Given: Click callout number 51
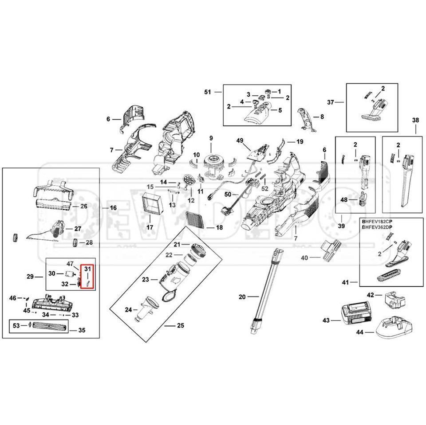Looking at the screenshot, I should point(207,92).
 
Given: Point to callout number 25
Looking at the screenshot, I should point(180,326).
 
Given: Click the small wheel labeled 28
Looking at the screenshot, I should point(75,243).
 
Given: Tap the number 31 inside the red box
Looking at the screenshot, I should point(87,269).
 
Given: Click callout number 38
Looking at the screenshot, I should point(415,120).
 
